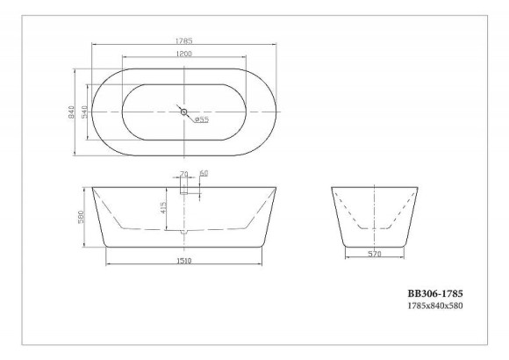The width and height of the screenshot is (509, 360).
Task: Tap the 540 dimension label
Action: pyautogui.click(x=86, y=112)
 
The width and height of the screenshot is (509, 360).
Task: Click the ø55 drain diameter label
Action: pyautogui.click(x=200, y=120)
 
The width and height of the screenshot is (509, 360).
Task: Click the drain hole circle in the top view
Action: pyautogui.click(x=183, y=112)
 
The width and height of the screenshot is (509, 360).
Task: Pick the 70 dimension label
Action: pyautogui.click(x=183, y=174)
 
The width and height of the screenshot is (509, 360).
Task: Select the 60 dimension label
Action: pyautogui.click(x=204, y=174)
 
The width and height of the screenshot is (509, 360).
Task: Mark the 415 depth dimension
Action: pyautogui.click(x=164, y=208)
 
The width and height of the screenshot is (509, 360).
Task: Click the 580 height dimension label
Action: pyautogui.click(x=82, y=218)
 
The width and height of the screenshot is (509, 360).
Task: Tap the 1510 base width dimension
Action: pyautogui.click(x=184, y=261)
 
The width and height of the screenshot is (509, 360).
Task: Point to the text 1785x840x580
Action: pyautogui.click(x=434, y=306)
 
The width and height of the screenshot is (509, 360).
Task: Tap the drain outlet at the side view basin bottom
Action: pyautogui.click(x=184, y=232)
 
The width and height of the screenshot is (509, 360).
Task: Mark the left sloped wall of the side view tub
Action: pyautogui.click(x=99, y=216)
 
